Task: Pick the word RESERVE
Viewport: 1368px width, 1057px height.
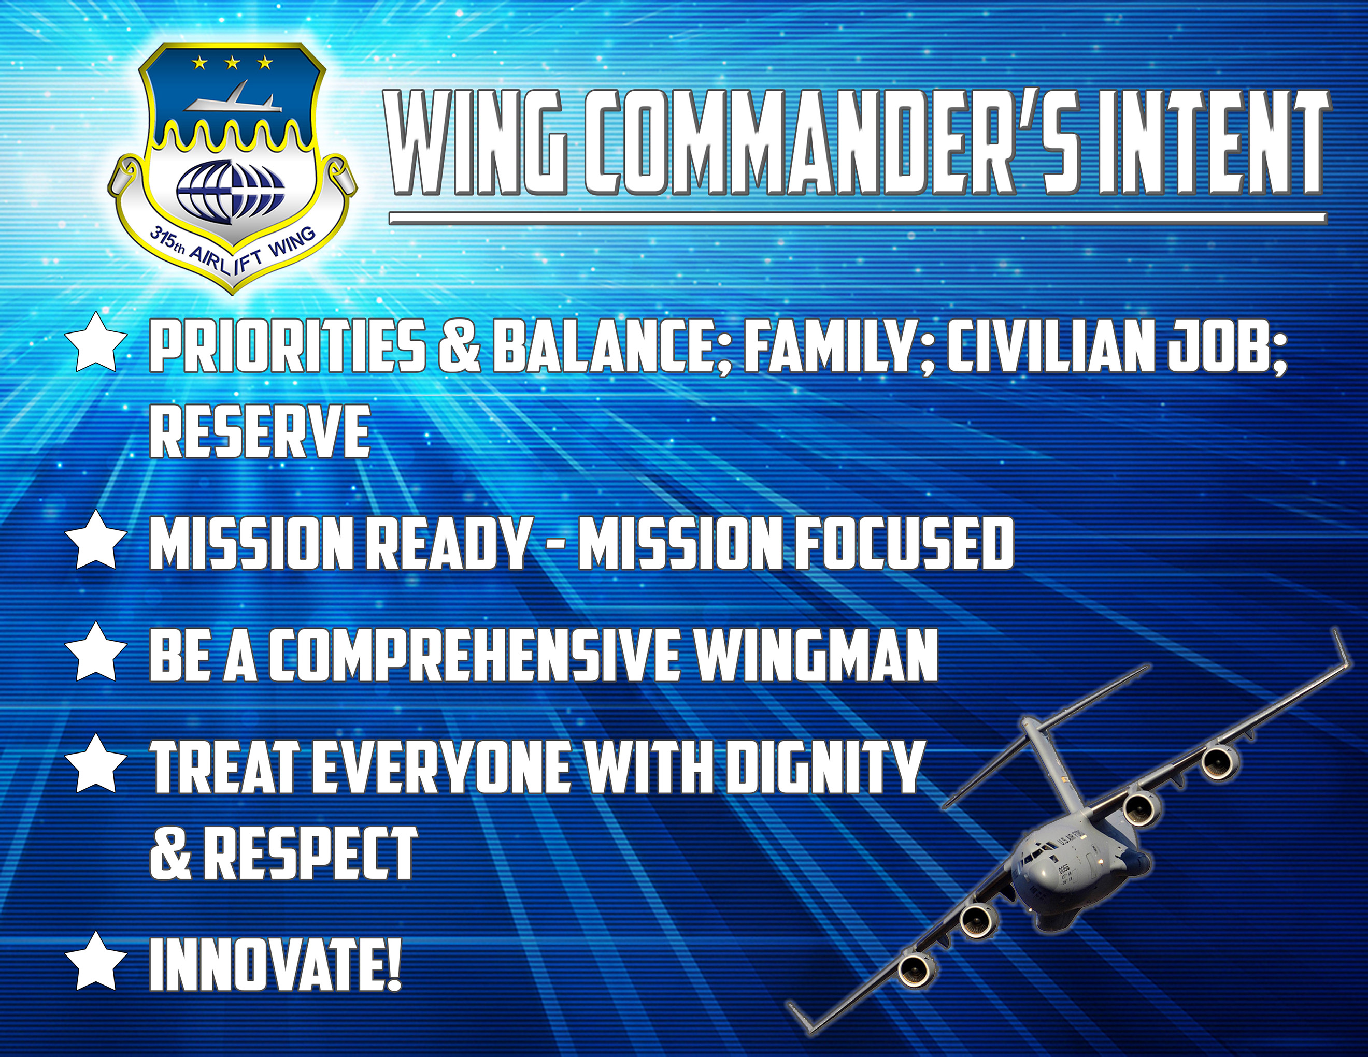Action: click(259, 430)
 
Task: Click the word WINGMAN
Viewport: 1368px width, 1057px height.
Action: click(817, 655)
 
